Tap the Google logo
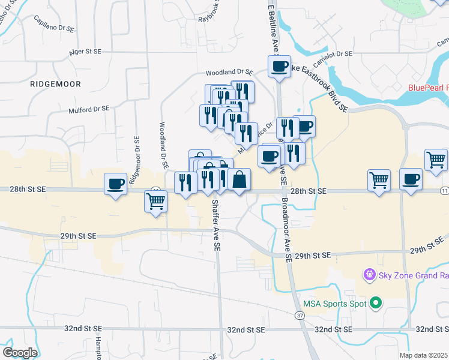point(20,353)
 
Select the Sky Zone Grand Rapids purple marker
point(369,275)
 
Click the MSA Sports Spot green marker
point(376,304)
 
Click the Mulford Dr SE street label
point(89,109)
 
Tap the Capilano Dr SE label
point(54,28)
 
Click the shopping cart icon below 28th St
point(155,202)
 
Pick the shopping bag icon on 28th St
point(239,179)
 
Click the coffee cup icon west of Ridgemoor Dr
point(116,183)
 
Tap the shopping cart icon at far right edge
point(436,159)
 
